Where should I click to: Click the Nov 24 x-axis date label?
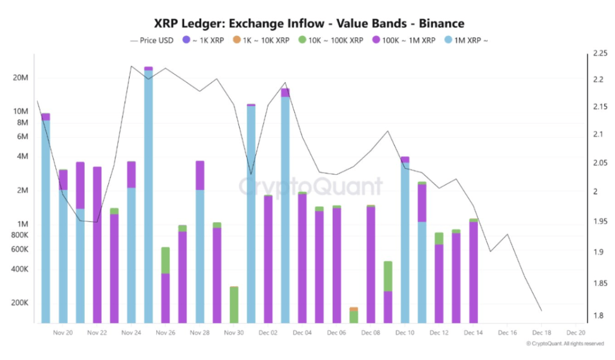point(131,332)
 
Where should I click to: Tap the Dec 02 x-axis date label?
point(268,332)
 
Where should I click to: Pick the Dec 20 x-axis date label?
point(575,332)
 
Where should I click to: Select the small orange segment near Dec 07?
point(354,309)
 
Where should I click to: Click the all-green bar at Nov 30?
point(234,305)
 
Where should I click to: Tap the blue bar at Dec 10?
point(405,240)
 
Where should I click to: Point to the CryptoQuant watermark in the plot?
point(311,187)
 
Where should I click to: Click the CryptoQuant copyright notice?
point(565,344)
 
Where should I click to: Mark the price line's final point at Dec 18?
point(542,311)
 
